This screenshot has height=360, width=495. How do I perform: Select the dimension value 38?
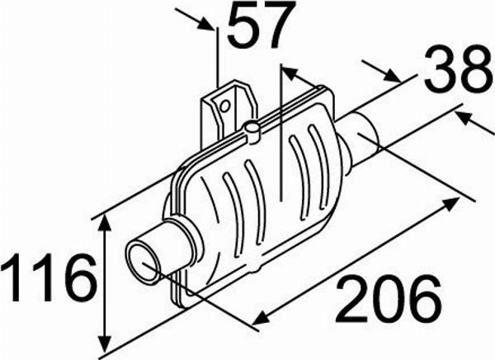click(458, 69)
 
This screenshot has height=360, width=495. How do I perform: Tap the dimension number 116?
click(48, 277)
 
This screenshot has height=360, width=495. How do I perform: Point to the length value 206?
click(389, 298)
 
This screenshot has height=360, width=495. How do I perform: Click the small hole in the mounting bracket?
click(224, 106)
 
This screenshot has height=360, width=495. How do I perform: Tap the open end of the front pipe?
click(143, 263)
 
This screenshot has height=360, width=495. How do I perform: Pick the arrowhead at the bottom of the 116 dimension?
click(105, 341)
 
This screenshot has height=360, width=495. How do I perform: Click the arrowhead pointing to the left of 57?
click(205, 24)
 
